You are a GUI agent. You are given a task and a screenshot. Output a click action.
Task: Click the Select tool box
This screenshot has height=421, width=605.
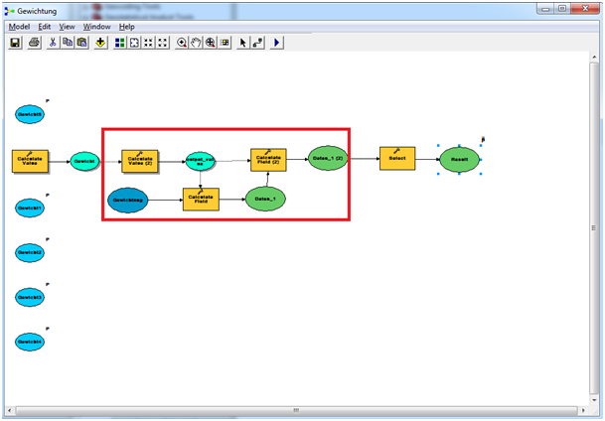point(397,159)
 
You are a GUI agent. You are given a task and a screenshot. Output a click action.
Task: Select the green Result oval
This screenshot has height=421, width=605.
point(460,159)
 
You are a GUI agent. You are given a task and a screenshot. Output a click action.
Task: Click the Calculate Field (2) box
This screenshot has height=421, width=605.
point(268,159)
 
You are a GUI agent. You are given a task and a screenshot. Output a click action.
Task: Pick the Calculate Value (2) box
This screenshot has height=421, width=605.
point(140,160)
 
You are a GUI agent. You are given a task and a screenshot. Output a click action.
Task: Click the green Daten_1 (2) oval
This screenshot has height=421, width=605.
point(327,159)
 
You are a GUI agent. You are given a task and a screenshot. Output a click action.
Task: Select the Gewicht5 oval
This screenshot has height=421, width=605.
point(29,115)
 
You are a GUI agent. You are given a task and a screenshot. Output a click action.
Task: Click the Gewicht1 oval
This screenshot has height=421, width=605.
point(29,209)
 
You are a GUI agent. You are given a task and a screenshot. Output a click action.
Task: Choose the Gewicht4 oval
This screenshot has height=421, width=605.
point(29,342)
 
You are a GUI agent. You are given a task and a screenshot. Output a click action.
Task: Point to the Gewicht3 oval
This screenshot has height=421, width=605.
point(29,297)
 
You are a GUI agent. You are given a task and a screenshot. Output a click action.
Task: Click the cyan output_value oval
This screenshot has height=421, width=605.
point(201,160)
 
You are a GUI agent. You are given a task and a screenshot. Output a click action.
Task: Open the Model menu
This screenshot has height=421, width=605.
point(19,27)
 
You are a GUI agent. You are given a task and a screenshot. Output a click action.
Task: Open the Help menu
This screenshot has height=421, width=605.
point(127,27)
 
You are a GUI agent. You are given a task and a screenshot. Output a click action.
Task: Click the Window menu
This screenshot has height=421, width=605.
point(96,27)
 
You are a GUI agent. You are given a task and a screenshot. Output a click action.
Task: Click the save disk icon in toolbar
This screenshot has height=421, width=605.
point(16,44)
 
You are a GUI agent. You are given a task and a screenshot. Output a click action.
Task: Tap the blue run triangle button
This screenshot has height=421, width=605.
point(276,44)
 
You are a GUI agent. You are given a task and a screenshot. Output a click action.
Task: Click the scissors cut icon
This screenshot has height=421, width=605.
point(53,44)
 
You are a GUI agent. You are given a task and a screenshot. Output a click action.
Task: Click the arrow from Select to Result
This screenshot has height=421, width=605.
point(427,159)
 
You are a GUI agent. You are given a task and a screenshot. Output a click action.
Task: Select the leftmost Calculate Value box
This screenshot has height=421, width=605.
point(30,160)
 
